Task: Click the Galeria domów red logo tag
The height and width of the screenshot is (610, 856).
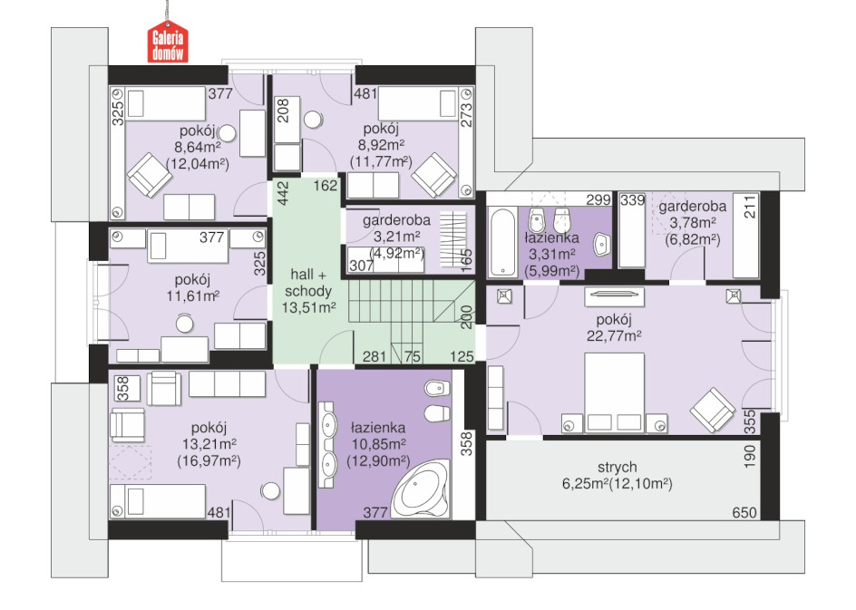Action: [168, 42]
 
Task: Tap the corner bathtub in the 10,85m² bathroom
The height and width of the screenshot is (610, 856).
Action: [422, 489]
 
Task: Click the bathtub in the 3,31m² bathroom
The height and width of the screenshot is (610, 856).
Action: [502, 241]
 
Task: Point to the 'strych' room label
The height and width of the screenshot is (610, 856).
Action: [617, 467]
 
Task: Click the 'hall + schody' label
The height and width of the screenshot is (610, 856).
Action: [308, 283]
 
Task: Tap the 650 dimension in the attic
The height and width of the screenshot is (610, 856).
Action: [744, 513]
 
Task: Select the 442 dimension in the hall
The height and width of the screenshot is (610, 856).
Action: [283, 194]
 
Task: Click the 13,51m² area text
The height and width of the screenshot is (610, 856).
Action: [308, 308]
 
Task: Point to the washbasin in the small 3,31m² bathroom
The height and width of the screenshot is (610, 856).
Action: [601, 244]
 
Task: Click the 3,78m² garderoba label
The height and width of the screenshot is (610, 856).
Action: [692, 223]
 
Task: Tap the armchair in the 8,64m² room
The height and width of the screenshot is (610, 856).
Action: [149, 175]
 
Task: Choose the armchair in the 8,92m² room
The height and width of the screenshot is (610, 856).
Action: [434, 175]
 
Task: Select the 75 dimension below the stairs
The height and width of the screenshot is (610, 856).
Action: [413, 357]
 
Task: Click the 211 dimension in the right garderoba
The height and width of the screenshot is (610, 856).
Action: [751, 207]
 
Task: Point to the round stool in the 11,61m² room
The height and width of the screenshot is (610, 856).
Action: [185, 324]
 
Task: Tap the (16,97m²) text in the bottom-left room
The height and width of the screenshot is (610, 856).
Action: [209, 461]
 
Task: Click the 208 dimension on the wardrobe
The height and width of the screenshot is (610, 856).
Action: [283, 110]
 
